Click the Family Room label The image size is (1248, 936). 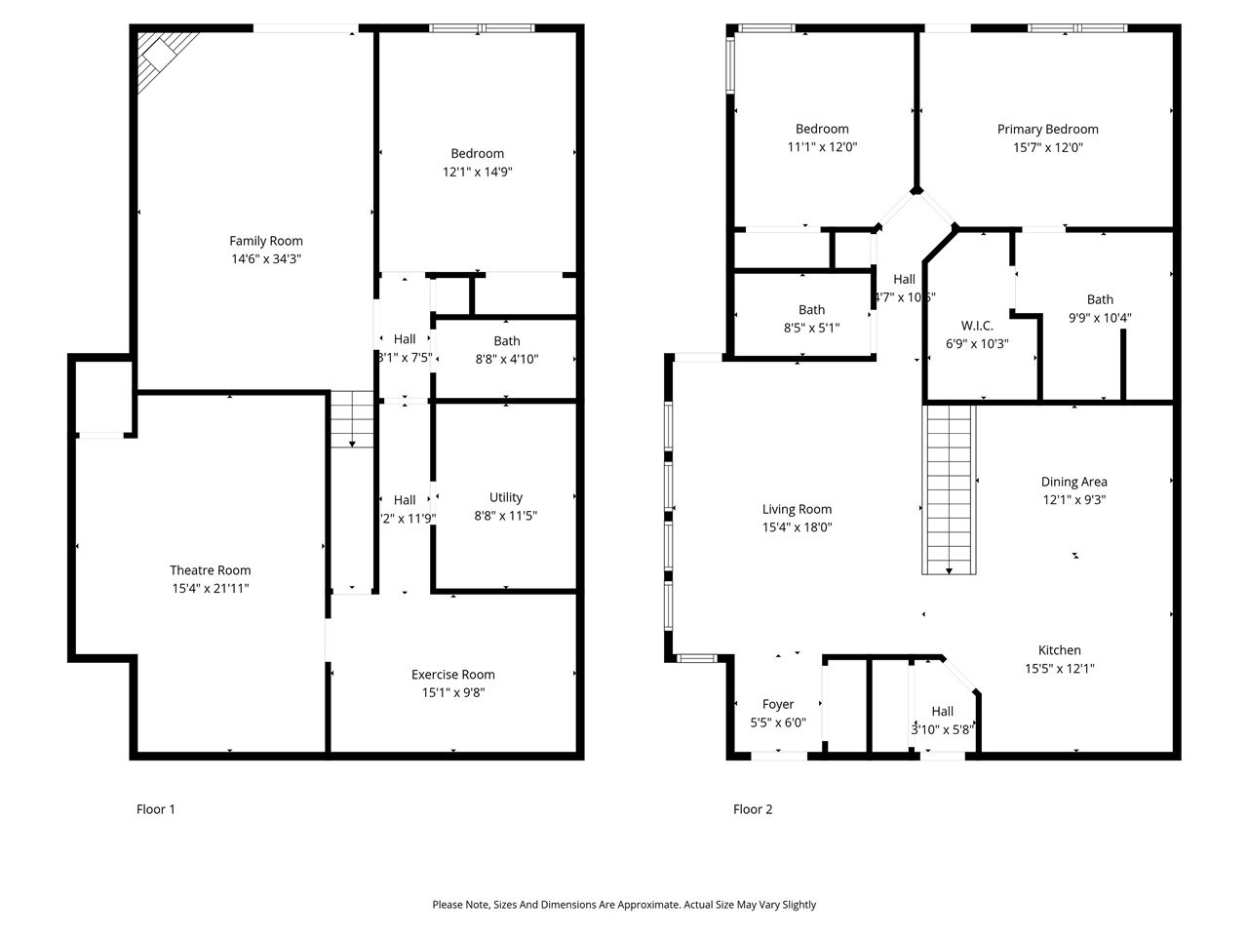(x=266, y=241)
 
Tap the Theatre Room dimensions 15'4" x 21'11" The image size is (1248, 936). (x=211, y=589)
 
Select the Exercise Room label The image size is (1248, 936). (x=452, y=675)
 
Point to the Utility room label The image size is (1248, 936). (x=506, y=497)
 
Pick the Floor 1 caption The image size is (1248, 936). (x=156, y=809)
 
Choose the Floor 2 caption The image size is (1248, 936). (x=753, y=809)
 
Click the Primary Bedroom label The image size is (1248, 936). (x=1047, y=129)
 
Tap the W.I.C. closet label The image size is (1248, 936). (x=977, y=326)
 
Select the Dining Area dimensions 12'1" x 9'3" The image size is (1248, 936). (x=1073, y=500)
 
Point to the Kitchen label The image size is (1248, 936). (x=1059, y=650)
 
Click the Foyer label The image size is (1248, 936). (x=778, y=704)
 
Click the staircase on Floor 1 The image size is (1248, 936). (x=352, y=419)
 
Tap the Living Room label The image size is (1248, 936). (x=797, y=509)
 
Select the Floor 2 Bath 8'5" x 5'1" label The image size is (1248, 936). (x=811, y=310)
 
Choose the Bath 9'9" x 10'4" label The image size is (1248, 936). (x=1100, y=299)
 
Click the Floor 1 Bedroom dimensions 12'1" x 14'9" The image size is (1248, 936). (x=478, y=172)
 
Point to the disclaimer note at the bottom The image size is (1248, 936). (x=624, y=905)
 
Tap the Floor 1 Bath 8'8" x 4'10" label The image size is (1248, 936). (x=507, y=341)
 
